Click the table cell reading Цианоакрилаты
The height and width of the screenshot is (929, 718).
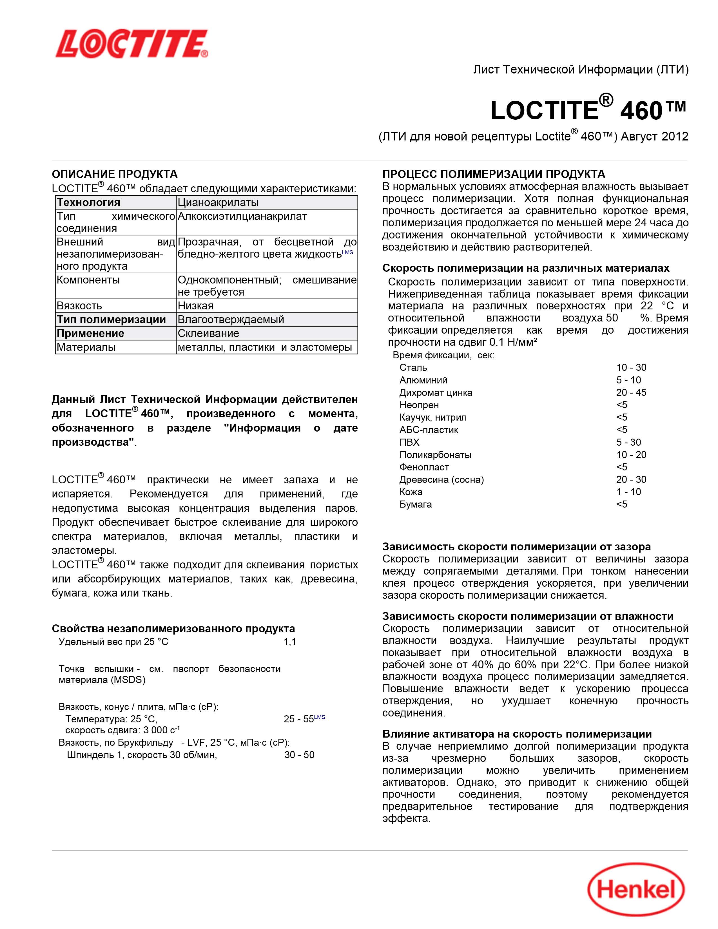[x=218, y=202]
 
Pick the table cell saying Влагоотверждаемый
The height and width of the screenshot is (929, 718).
[x=231, y=320]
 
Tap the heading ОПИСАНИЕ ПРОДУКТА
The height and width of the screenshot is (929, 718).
[x=114, y=174]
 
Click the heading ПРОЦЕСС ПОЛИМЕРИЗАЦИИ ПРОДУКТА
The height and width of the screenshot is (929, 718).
[x=493, y=174]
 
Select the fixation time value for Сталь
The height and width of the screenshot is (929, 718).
[x=631, y=367]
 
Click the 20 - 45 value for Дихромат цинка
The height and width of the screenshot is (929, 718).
[x=631, y=393]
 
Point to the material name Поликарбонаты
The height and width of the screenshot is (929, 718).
[x=435, y=455]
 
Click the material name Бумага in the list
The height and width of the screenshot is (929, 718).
[x=416, y=504]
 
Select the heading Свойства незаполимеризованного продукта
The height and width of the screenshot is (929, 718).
[x=173, y=628]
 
